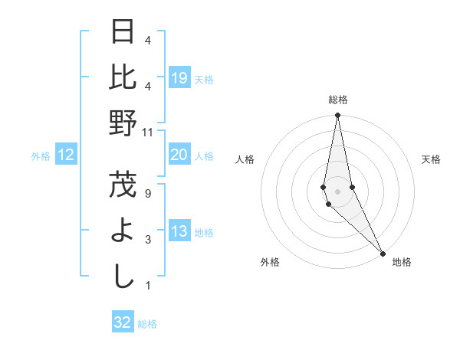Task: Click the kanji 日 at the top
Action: click(123, 32)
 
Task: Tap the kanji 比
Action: click(123, 77)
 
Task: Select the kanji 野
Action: click(123, 123)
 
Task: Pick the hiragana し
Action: click(123, 277)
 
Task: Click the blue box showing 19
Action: click(179, 78)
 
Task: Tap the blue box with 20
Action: click(179, 155)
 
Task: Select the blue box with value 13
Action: click(179, 232)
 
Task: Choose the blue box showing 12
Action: click(66, 155)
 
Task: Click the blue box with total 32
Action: click(123, 322)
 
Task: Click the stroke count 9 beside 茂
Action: click(147, 193)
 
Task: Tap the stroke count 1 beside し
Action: click(147, 286)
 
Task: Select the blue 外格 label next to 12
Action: click(41, 156)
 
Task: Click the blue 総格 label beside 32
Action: click(147, 323)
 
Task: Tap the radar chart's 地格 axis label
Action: click(402, 262)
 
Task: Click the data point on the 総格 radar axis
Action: click(337, 116)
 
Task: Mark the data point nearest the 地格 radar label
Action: click(383, 252)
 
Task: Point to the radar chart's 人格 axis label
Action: click(245, 159)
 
